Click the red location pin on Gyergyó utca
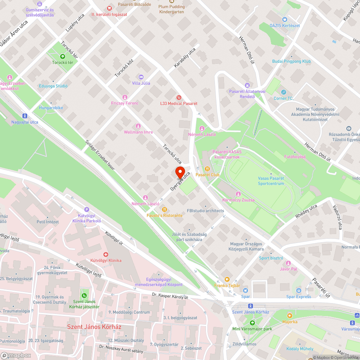(x=180, y=172)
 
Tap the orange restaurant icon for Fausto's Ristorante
(x=164, y=209)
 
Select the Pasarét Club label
(x=207, y=175)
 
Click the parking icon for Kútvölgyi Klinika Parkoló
(x=86, y=210)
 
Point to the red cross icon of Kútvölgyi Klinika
(x=106, y=254)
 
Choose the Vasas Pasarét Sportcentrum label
(x=271, y=181)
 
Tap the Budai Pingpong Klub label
(x=291, y=62)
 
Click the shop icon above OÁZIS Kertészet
(x=284, y=19)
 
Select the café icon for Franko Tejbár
(x=227, y=279)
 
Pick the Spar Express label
(x=298, y=297)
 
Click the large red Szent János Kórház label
(x=94, y=327)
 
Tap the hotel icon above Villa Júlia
(x=141, y=77)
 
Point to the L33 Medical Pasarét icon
(x=179, y=97)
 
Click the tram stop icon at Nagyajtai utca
(x=24, y=116)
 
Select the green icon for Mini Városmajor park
(x=252, y=323)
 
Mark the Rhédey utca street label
(x=306, y=212)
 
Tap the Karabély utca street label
(x=185, y=58)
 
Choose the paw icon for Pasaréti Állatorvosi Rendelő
(x=247, y=85)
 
